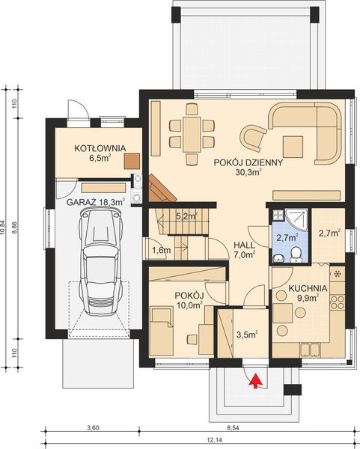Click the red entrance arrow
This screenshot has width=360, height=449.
256,381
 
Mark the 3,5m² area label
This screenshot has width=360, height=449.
246,334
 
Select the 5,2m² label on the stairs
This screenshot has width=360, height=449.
186,217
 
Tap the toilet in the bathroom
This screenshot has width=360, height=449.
296,257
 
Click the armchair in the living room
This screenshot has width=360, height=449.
252,136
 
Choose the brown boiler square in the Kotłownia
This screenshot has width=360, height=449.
132,159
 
